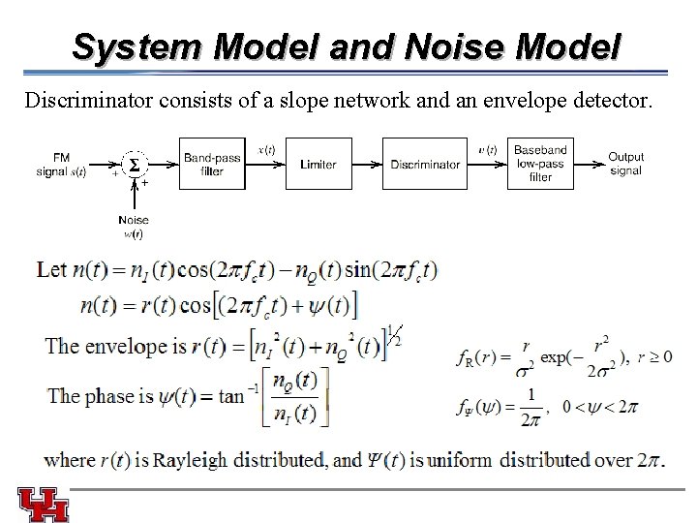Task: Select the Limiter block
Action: point(318,165)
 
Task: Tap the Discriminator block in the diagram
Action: point(425,165)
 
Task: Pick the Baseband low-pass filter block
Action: point(541,165)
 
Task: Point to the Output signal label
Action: point(625,164)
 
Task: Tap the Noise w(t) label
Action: point(133,227)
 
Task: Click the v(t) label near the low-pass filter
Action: point(488,150)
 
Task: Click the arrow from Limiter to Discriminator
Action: point(366,166)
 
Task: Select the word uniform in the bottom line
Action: point(461,460)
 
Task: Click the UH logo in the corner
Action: point(44,504)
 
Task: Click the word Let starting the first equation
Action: point(51,269)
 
